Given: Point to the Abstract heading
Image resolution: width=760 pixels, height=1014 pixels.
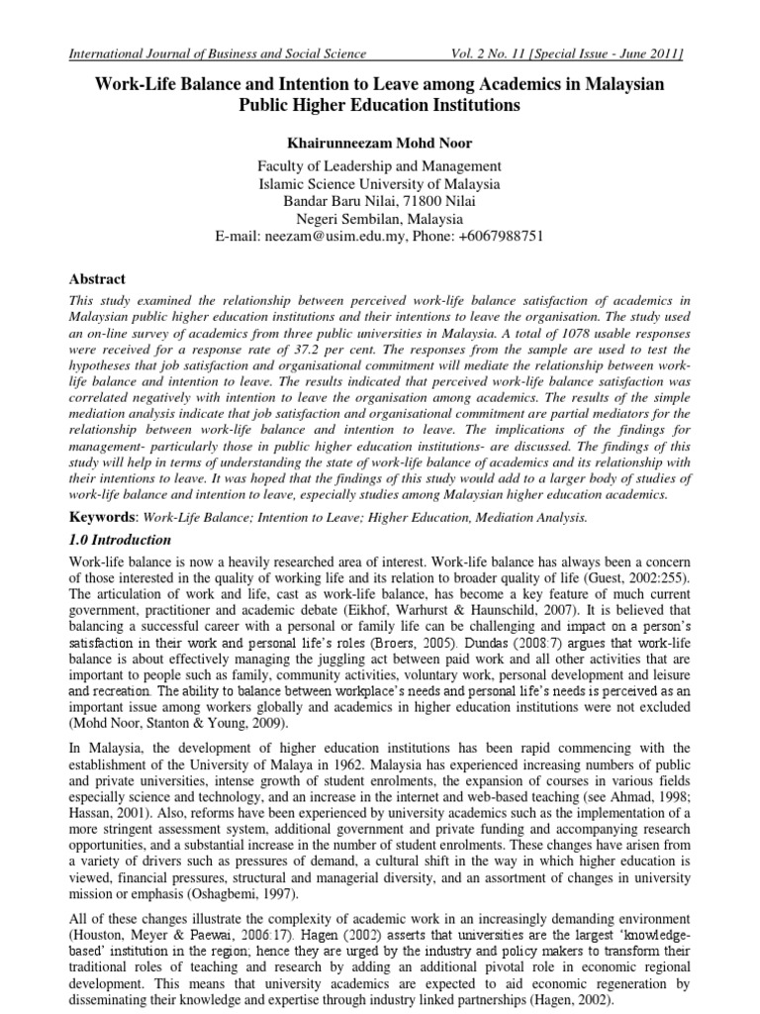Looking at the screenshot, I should click(97, 280).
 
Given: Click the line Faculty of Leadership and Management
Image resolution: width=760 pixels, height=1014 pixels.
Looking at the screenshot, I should click(379, 165).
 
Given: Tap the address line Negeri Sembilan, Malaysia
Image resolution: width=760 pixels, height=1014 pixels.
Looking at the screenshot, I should click(379, 219).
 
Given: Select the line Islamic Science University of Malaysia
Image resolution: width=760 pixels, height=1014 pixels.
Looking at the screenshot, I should click(379, 183).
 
